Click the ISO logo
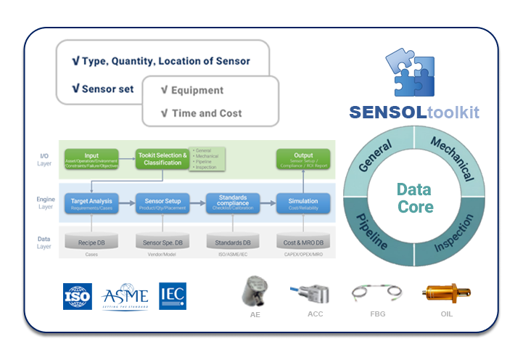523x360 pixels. click(77, 296)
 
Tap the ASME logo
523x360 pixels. click(125, 296)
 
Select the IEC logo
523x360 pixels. click(173, 295)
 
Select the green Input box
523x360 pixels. click(91, 158)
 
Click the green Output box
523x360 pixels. click(303, 158)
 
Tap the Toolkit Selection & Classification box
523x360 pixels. click(162, 158)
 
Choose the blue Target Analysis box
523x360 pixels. click(91, 203)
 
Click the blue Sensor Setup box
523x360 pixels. click(162, 203)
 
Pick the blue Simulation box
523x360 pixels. click(303, 203)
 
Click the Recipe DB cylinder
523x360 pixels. click(91, 242)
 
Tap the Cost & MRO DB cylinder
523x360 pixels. click(303, 242)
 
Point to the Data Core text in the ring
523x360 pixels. click(414, 198)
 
